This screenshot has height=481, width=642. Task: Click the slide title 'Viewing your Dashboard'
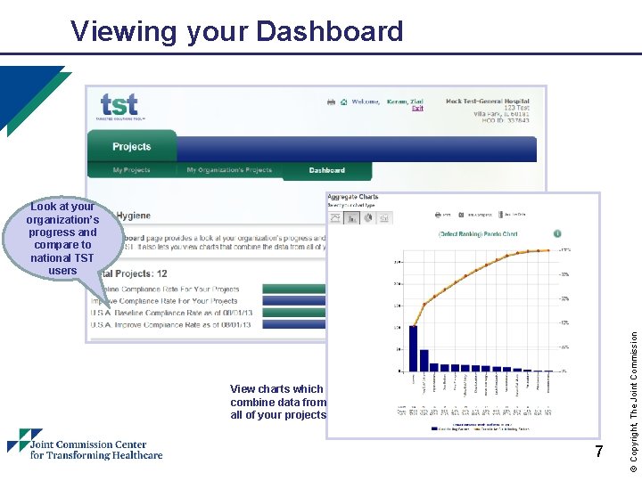(x=237, y=32)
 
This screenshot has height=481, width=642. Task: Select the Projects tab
(x=132, y=147)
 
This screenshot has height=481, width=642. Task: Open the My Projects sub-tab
(x=131, y=170)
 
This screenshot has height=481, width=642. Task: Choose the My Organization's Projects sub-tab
(x=229, y=170)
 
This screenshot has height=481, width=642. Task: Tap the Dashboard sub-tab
(x=326, y=170)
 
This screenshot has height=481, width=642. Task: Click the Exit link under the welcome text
(x=417, y=109)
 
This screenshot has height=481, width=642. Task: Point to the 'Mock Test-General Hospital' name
(x=487, y=102)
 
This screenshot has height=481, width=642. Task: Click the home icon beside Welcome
(x=342, y=102)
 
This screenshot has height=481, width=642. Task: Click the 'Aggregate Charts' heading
(x=353, y=197)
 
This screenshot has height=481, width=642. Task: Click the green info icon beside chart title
(x=557, y=233)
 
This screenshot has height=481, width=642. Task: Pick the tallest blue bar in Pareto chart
(x=414, y=347)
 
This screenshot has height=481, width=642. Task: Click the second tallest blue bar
(x=424, y=359)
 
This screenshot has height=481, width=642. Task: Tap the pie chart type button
(x=368, y=217)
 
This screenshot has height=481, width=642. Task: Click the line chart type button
(x=336, y=217)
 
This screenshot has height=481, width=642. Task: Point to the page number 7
(x=599, y=452)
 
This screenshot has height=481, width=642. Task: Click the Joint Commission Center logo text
(x=95, y=449)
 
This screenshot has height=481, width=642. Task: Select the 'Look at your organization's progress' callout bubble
(x=62, y=238)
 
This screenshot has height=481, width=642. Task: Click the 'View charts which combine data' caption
(x=277, y=402)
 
